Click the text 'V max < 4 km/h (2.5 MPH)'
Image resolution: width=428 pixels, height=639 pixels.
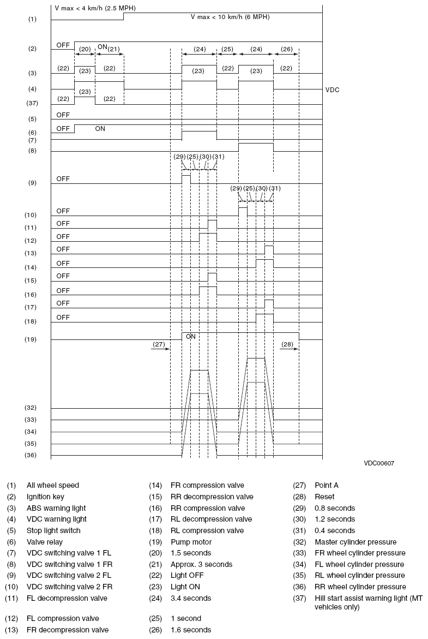point(95,8)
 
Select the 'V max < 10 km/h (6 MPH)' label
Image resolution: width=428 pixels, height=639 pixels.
point(230,17)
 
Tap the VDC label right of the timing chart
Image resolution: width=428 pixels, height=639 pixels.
point(332,89)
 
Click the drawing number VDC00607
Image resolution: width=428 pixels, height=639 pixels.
point(379,463)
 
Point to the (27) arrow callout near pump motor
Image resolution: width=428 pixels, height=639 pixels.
point(159,344)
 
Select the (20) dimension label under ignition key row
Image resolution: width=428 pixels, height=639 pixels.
point(85,49)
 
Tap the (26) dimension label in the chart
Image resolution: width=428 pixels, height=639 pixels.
point(286,49)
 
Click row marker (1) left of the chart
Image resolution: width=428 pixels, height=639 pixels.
point(32,19)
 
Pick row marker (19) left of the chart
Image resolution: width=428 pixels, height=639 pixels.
point(31,339)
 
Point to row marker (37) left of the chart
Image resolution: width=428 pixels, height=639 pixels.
point(31,103)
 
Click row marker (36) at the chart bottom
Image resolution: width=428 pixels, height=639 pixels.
point(31,455)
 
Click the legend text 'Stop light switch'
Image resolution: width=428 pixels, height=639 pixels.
point(53,530)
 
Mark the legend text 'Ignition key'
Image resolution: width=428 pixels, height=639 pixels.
point(45,497)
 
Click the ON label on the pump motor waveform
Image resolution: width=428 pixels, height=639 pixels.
point(190,337)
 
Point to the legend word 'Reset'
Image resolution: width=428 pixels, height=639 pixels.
point(324,497)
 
